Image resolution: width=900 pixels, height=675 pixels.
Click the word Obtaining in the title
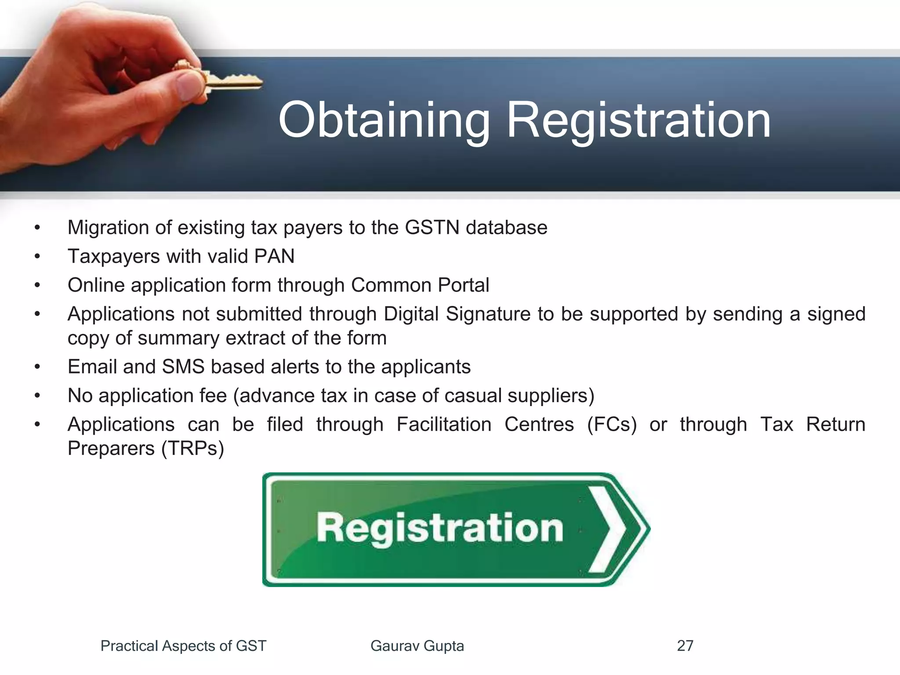(384, 121)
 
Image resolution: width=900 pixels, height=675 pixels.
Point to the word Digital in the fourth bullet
(411, 314)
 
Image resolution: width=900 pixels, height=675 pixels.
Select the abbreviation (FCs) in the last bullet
(612, 425)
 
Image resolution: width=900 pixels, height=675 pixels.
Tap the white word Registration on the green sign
(439, 528)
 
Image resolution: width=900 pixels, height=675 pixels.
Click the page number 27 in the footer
(685, 646)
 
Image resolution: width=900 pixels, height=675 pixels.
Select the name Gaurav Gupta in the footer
(417, 646)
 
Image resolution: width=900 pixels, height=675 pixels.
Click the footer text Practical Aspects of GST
(183, 646)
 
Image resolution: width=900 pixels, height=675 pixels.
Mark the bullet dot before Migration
(38, 228)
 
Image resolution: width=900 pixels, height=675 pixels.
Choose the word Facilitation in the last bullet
(444, 425)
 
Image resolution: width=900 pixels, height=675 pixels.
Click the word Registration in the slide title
(639, 121)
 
